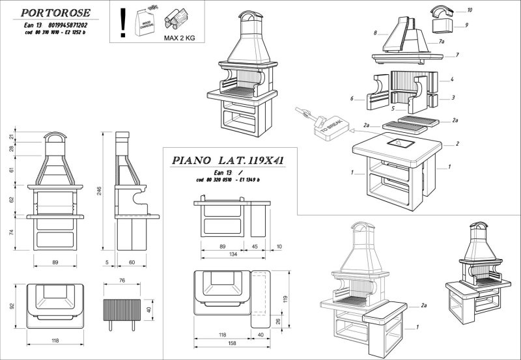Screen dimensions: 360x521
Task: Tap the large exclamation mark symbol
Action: point(121,21)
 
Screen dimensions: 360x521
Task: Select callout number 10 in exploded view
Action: point(470,11)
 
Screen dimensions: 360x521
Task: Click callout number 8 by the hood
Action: point(376,32)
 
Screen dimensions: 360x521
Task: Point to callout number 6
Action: point(352,99)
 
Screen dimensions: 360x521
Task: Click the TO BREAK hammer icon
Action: point(318,124)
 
